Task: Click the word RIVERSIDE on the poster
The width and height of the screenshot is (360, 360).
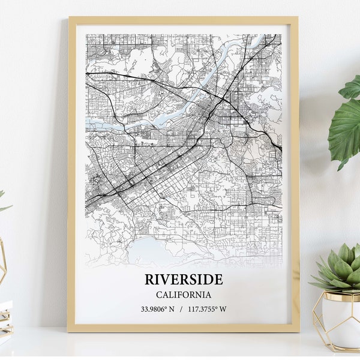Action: (183, 279)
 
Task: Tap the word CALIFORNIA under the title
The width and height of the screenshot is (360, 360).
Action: (183, 295)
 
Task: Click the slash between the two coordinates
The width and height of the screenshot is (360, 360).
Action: (183, 310)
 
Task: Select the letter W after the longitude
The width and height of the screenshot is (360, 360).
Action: (223, 310)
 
